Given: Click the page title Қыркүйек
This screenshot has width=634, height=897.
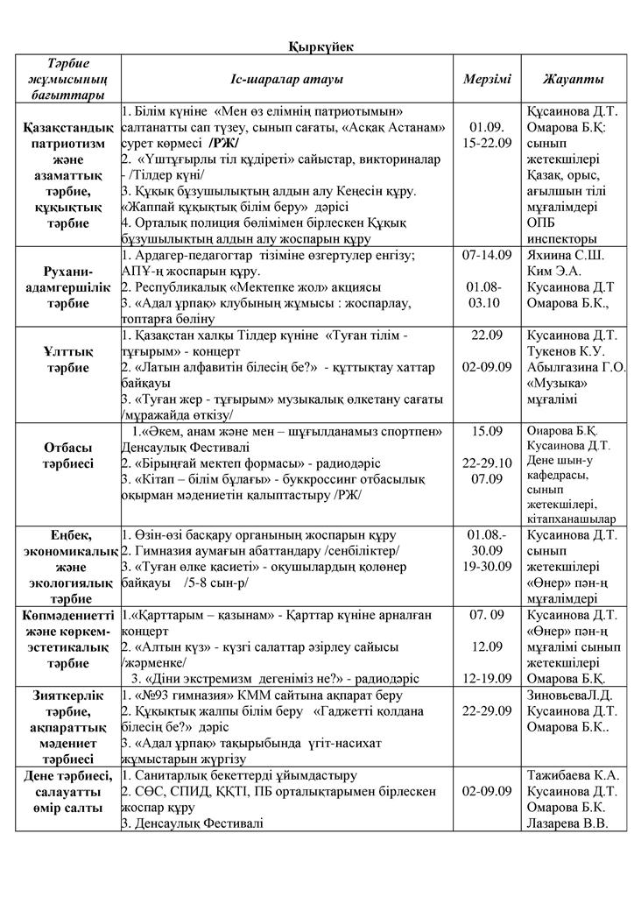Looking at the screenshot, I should (x=316, y=46).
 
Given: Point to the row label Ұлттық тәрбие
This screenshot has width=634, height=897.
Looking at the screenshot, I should (x=67, y=360).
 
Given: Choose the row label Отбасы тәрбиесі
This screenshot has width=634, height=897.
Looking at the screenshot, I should (x=67, y=455).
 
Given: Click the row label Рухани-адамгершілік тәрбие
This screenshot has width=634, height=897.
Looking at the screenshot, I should (x=67, y=286).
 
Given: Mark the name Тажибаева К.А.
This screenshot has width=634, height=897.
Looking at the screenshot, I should (x=573, y=775).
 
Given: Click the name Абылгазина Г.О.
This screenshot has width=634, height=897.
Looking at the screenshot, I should (x=577, y=368).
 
